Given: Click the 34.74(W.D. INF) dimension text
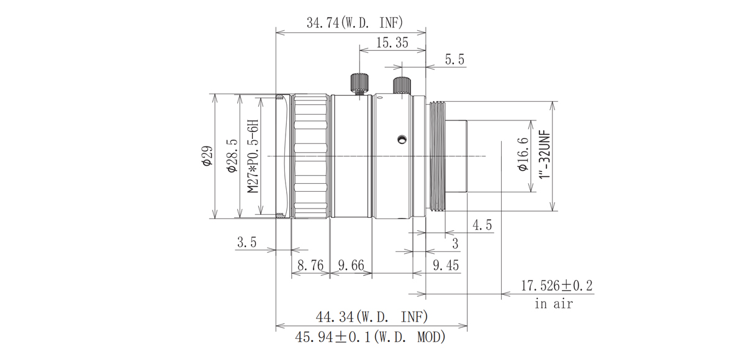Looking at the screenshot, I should tap(354, 23).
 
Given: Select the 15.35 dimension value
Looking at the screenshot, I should tap(392, 43).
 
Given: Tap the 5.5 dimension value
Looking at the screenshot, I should tap(455, 60).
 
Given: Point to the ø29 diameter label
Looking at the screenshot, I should tap(207, 156).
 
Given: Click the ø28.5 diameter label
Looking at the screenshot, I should tap(230, 156).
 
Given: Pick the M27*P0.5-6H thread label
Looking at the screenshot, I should tap(253, 156).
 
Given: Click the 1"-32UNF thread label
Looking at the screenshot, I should tap(546, 155).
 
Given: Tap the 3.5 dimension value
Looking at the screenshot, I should tap(246, 243).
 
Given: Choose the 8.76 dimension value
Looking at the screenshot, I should tap(310, 266).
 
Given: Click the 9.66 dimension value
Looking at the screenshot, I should tap(351, 266).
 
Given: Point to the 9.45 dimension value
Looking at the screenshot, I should tap(445, 266).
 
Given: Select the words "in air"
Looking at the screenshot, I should tap(553, 304).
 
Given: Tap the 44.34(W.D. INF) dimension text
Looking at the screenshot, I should tap(371, 318).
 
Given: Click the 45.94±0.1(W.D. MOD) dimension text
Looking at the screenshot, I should tap(371, 339).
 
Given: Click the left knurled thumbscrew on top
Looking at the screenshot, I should tap(359, 83).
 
